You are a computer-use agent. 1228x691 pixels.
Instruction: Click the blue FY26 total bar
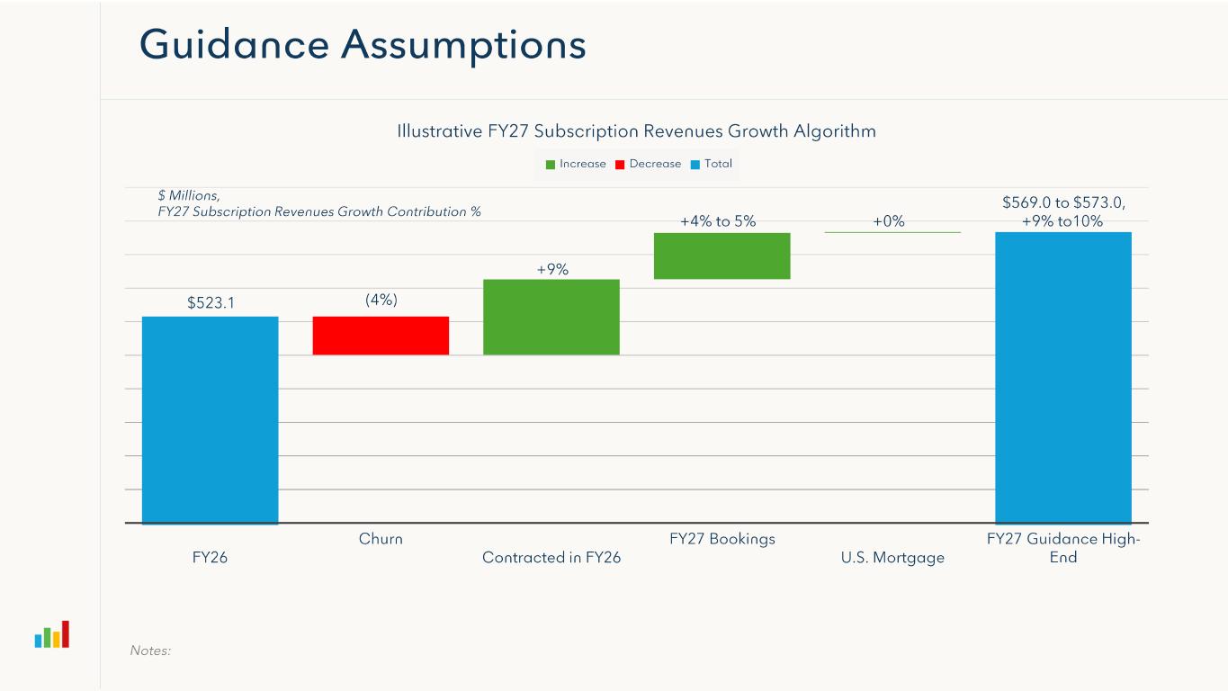point(210,419)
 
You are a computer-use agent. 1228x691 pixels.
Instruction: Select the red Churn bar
point(381,336)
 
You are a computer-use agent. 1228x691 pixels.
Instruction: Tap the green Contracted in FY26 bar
point(551,317)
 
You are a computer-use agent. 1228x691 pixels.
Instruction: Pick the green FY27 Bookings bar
point(722,256)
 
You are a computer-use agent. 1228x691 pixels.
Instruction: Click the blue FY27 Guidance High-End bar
point(1062,377)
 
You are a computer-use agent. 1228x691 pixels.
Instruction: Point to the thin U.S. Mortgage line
point(892,232)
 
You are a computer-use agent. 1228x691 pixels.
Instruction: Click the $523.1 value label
point(211,303)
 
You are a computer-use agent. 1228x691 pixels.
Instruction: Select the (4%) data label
point(381,301)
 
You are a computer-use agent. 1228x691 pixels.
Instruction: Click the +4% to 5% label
point(718,221)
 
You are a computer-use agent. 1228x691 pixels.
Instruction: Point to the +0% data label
point(889,221)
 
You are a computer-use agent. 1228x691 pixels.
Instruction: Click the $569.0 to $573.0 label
point(1063,203)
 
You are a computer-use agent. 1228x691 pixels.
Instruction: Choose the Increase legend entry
point(576,164)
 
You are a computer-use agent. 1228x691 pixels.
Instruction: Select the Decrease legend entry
point(649,164)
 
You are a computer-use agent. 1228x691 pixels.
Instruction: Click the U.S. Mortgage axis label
point(892,558)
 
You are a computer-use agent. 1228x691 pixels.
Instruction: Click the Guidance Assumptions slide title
point(363,45)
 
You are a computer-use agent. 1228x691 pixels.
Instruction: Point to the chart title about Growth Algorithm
point(636,131)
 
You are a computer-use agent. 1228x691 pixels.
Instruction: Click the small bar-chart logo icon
point(52,634)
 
